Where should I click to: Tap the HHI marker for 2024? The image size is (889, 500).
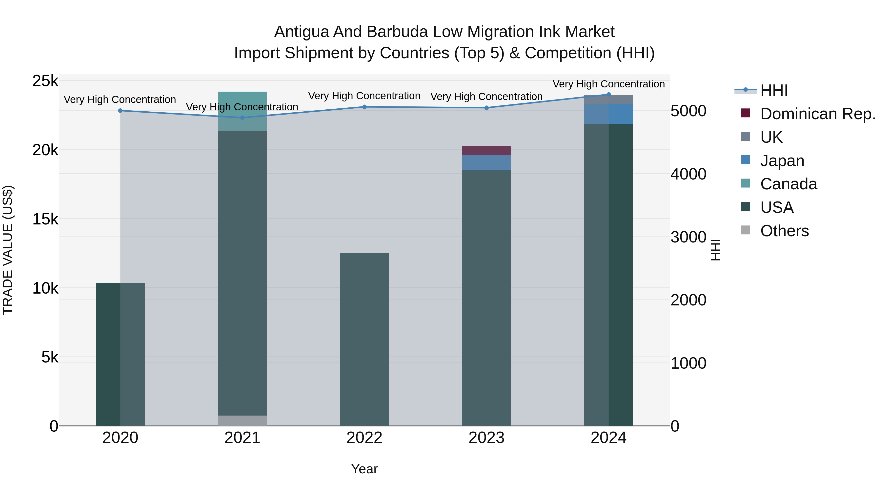(x=608, y=95)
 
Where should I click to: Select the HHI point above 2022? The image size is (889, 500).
(x=364, y=107)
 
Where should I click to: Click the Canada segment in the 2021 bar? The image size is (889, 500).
(x=242, y=111)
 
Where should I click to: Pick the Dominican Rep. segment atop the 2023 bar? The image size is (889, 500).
(x=486, y=150)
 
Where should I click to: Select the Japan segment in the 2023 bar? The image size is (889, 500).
(x=486, y=162)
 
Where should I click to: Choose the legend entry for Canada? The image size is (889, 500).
(x=788, y=184)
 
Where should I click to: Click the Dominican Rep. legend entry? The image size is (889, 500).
(x=817, y=114)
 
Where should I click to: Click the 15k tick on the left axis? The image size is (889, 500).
(x=45, y=219)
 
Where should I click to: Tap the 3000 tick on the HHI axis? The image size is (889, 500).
(x=688, y=237)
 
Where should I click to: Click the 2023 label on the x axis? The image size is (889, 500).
(x=486, y=438)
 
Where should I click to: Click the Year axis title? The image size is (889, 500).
(x=364, y=469)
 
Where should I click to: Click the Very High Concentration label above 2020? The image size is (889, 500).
(x=120, y=99)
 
